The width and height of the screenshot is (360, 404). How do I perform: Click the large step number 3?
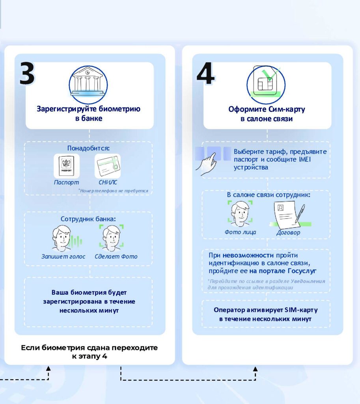click(x=27, y=74)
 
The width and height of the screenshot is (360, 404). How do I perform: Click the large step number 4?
click(x=205, y=73)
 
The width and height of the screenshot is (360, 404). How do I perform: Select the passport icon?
click(x=67, y=166)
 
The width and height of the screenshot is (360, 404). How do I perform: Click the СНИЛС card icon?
click(x=108, y=166)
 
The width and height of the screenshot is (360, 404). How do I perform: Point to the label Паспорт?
click(x=66, y=182)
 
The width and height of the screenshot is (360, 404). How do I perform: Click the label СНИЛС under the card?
click(x=108, y=182)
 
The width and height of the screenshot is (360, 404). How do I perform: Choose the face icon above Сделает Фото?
click(x=112, y=238)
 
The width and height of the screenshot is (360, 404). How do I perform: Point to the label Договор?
click(x=288, y=233)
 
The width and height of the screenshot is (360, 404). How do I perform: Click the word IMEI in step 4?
click(x=305, y=159)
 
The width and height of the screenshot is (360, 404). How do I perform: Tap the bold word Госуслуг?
click(x=302, y=271)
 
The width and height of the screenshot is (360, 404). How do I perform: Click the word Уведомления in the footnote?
click(x=308, y=281)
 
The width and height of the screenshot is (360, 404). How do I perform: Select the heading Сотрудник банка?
click(x=88, y=219)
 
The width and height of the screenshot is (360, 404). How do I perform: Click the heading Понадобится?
click(x=88, y=148)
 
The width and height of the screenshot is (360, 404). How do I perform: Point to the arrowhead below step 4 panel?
click(x=255, y=369)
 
